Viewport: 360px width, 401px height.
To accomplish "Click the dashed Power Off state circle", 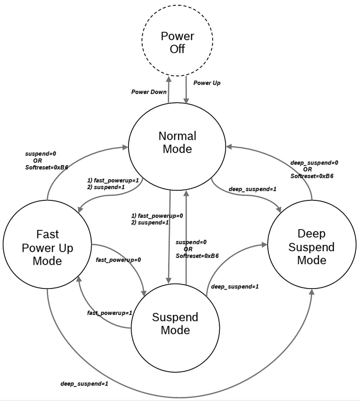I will click(x=177, y=40).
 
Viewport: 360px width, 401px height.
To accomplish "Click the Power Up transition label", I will click(x=207, y=83).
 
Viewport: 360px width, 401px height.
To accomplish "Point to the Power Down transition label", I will click(x=149, y=92).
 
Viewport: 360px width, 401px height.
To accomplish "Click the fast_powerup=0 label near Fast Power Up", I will click(x=118, y=260).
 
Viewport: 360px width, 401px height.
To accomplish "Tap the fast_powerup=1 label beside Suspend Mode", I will click(x=110, y=313).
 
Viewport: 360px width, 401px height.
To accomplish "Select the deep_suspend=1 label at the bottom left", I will click(x=84, y=384).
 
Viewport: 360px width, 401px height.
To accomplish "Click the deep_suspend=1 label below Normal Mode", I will click(x=252, y=189).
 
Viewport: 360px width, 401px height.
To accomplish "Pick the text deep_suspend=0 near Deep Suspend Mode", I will click(x=314, y=163).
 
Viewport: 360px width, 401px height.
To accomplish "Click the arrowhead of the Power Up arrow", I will click(x=186, y=101).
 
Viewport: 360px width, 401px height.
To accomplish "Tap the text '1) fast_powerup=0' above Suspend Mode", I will click(x=157, y=216).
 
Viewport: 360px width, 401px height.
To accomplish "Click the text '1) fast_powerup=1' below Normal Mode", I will click(x=113, y=181).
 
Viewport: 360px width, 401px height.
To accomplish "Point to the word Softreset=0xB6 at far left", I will click(x=47, y=167).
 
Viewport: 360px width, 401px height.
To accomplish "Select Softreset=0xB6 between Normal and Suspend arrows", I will click(x=197, y=256).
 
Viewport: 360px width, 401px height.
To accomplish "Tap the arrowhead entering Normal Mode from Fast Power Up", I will click(x=125, y=147).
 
